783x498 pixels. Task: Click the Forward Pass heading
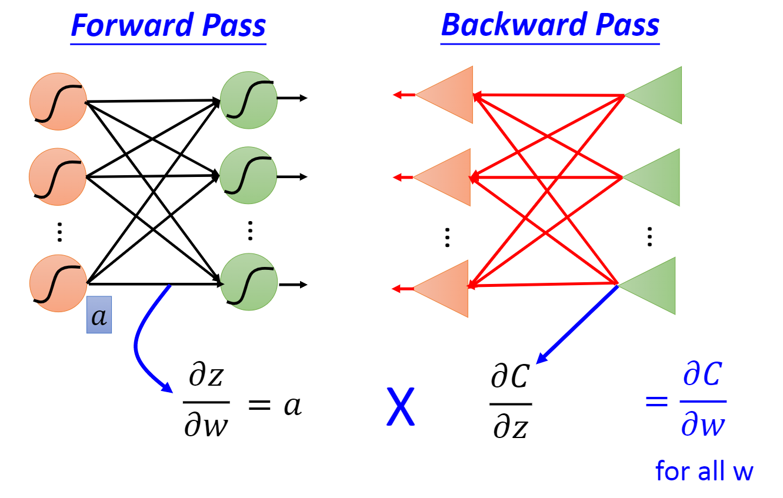tap(168, 26)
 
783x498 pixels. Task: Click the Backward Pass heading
tap(550, 25)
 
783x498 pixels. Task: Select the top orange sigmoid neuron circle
tap(58, 102)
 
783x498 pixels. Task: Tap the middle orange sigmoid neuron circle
tap(58, 177)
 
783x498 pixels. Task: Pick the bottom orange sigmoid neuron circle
tap(58, 283)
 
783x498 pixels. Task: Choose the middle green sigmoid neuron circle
tap(248, 175)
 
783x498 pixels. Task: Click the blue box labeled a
tap(99, 315)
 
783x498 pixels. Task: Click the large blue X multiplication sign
tap(400, 406)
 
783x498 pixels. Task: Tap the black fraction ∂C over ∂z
tap(511, 403)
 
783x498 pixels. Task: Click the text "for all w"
tap(704, 472)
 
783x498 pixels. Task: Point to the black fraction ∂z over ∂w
tap(206, 403)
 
